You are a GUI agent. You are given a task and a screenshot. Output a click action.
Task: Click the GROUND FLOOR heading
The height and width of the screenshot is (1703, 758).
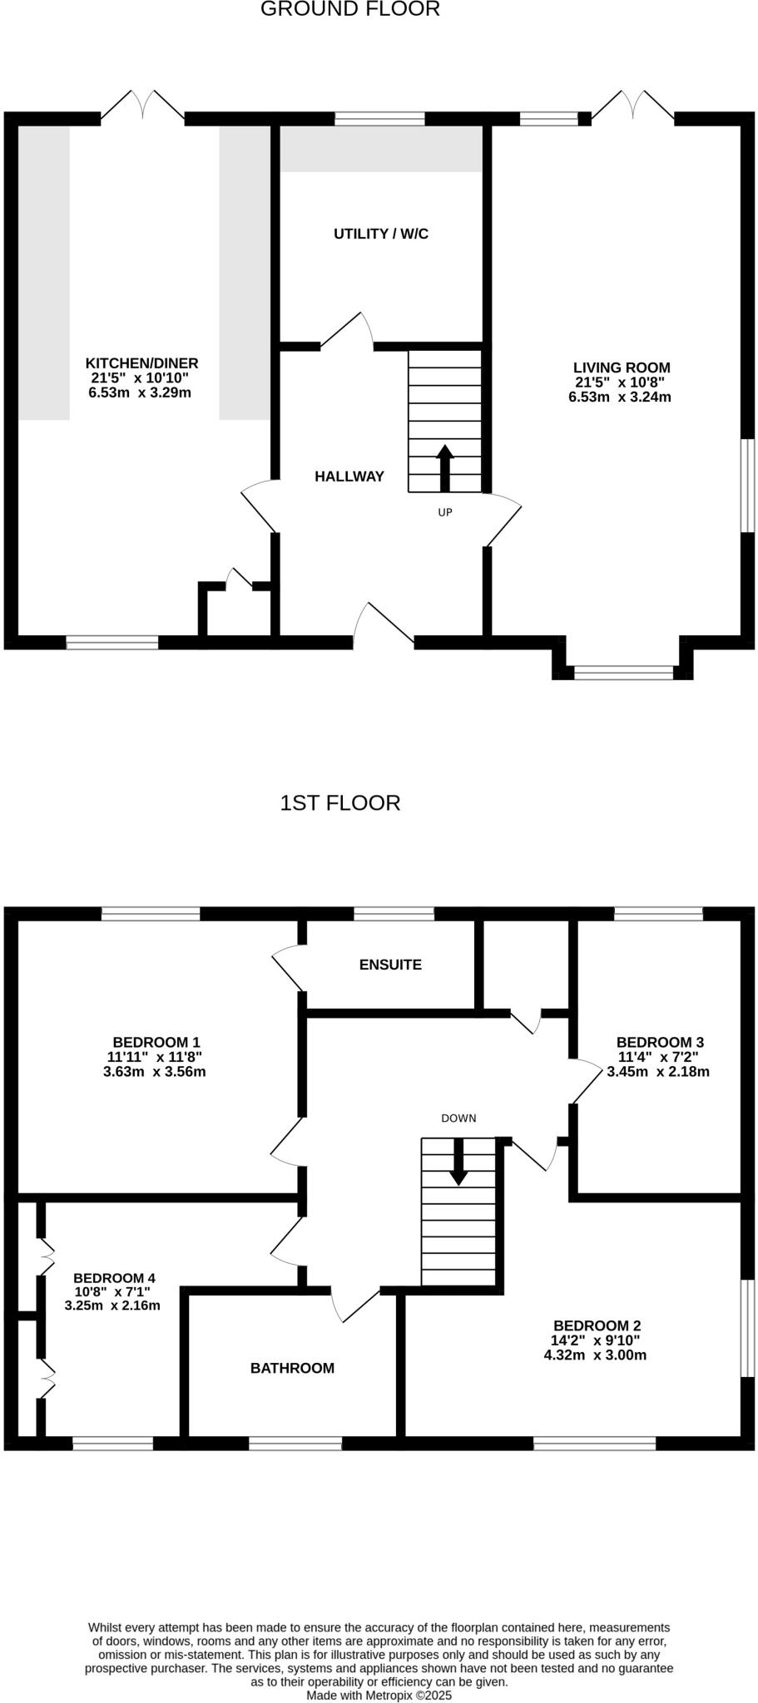point(350,10)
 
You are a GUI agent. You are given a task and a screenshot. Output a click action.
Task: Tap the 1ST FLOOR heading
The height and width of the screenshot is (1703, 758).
point(340,803)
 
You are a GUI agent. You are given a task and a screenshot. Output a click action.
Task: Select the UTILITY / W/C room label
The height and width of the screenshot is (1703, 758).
point(381,234)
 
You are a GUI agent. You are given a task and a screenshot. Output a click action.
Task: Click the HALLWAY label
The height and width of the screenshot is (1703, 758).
point(349,476)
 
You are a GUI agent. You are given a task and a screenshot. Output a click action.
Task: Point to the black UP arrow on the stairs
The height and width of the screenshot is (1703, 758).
point(444,468)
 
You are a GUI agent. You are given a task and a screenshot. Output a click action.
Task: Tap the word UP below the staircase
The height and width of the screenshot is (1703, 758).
point(445,512)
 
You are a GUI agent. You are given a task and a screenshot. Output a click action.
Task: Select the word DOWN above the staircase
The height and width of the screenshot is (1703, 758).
point(458,1118)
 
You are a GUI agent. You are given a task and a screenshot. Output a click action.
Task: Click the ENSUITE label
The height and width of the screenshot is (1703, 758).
point(390,965)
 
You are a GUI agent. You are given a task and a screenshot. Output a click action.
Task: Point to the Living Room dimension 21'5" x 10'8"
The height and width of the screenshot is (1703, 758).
point(620,383)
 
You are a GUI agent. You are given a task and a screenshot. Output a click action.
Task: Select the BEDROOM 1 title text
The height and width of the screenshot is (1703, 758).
point(156,1042)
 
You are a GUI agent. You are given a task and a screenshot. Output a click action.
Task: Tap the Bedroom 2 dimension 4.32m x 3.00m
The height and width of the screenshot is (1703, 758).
point(595,1355)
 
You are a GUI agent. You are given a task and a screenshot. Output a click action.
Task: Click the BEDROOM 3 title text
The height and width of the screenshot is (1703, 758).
point(660,1042)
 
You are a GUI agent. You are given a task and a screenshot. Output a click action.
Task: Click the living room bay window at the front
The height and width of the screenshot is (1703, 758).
point(623,672)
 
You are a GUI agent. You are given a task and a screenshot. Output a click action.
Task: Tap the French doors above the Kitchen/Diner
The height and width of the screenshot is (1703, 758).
point(143,106)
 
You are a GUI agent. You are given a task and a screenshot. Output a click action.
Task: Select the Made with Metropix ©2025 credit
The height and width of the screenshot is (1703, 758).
point(379,1695)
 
